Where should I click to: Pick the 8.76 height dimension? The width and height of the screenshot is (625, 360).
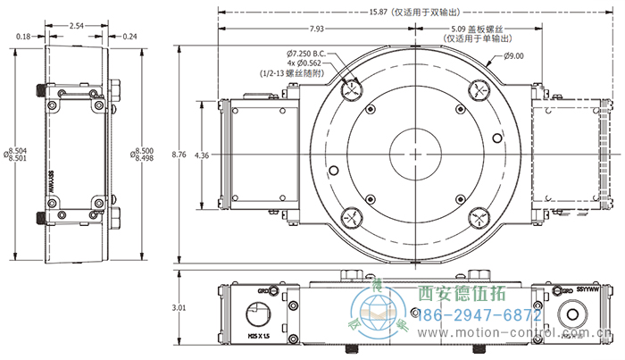click(x=182, y=155)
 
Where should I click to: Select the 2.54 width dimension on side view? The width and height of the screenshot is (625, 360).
click(x=76, y=26)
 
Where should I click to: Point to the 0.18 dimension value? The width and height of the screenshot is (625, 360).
click(x=23, y=37)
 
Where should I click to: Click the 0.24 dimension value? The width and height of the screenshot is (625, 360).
click(x=130, y=37)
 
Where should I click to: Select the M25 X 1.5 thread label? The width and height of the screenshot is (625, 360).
click(x=260, y=337)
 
